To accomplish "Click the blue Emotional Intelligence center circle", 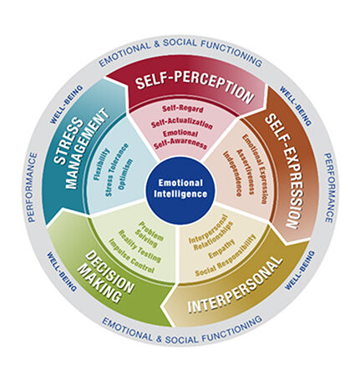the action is [180, 188].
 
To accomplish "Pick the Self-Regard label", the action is [183, 109].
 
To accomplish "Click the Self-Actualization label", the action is [182, 124].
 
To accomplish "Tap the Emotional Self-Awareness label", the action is [181, 139].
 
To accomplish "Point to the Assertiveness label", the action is [245, 172].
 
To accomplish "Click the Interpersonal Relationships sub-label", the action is [210, 233].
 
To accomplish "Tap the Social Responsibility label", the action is [226, 256].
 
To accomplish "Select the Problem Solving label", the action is [150, 235].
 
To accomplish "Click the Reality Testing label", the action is [139, 246].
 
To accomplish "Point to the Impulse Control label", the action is [131, 256].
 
